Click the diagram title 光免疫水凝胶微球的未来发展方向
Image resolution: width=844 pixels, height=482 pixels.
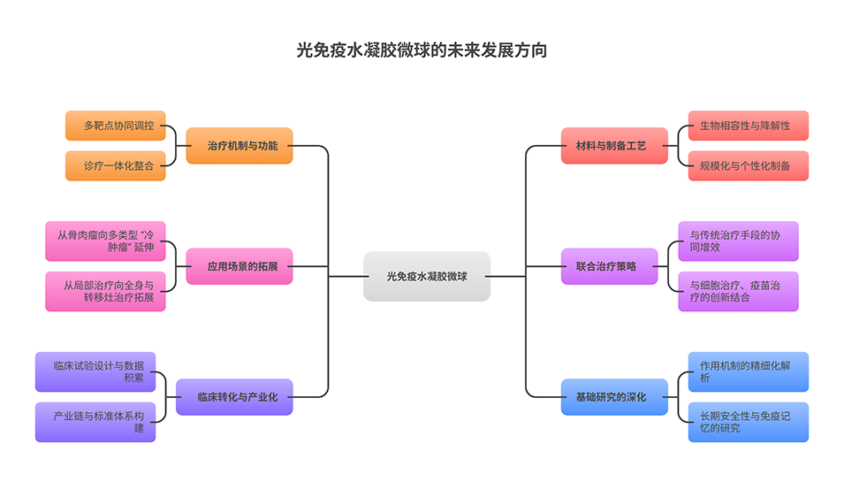click(422, 50)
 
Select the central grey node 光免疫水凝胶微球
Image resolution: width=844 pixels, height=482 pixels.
click(427, 276)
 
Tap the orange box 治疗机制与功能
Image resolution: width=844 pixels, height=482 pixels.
click(239, 145)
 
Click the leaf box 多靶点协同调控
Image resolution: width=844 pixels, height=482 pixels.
click(116, 126)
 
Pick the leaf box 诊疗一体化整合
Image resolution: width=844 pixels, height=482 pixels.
click(116, 165)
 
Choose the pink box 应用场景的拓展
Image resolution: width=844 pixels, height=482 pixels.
click(239, 265)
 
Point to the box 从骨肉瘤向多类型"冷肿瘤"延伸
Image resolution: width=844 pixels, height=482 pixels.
click(105, 241)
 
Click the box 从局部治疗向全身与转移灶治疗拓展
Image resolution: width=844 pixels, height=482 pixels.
click(105, 291)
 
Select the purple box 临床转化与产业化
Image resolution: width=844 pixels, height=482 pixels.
click(234, 397)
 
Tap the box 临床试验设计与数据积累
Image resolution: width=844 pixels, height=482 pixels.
click(95, 371)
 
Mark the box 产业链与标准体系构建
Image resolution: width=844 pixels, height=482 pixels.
click(95, 422)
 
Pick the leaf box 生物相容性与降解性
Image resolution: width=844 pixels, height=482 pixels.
click(748, 126)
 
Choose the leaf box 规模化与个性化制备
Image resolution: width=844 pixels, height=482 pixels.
click(748, 165)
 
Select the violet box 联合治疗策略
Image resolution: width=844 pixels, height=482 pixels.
click(611, 265)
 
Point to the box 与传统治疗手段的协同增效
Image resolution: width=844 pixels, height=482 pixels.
click(738, 241)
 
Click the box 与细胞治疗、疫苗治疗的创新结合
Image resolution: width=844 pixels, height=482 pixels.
click(738, 291)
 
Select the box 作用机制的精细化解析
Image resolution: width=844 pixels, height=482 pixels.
click(748, 371)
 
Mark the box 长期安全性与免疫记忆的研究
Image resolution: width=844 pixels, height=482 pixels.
click(748, 422)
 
